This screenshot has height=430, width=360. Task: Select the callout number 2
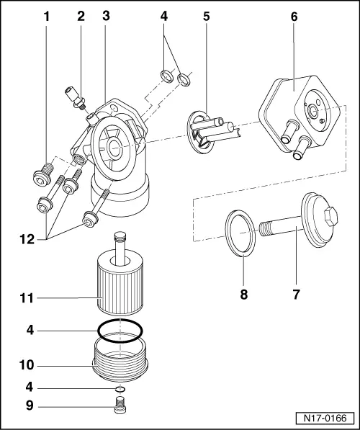[81, 16]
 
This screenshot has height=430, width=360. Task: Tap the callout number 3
[106, 16]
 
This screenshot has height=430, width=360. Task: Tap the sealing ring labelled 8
[240, 231]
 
